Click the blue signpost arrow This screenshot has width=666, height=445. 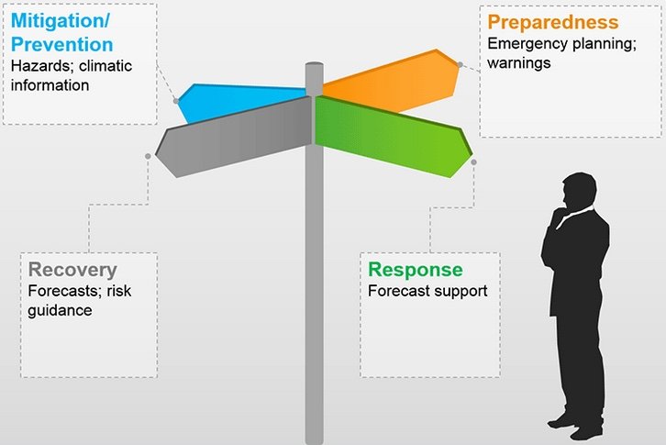[229, 102]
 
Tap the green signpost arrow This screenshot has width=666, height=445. [393, 136]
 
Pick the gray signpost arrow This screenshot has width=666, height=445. [234, 137]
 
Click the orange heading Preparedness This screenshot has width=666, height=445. [552, 22]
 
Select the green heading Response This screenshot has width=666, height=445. [415, 270]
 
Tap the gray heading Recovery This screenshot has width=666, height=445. [72, 270]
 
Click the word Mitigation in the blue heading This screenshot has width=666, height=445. [58, 20]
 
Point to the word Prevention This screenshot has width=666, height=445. [62, 44]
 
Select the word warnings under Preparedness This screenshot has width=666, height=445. [518, 63]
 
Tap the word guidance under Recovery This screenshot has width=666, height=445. [60, 310]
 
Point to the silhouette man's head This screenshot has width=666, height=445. [579, 191]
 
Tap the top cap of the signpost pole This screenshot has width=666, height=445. [315, 65]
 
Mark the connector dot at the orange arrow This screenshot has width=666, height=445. [461, 64]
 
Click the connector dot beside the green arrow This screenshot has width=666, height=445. [474, 162]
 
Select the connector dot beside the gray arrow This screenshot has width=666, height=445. [148, 156]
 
